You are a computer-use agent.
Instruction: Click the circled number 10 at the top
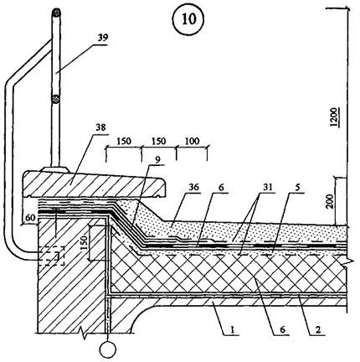coord(188,19)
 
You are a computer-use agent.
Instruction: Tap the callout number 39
coord(102,38)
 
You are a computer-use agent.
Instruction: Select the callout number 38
coord(100,127)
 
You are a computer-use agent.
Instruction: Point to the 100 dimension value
coord(193,141)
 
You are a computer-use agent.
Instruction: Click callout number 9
coord(158,160)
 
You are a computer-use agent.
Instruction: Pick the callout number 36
coord(193,187)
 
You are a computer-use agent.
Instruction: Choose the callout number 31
coord(267,187)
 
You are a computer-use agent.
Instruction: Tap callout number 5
coord(297,188)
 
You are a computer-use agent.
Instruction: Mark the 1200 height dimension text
coord(335,117)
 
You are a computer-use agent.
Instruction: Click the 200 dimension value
coord(331,201)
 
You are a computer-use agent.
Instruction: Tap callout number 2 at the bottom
coord(318,329)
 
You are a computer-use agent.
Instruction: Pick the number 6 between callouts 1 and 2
coord(282,329)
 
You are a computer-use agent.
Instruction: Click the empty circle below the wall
coord(108,349)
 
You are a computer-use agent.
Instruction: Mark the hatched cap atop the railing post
coord(56,13)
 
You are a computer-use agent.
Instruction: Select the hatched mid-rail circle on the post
coord(56,99)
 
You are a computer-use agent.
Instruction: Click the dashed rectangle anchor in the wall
coord(52,256)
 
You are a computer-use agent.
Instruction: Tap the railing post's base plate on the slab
coord(55,169)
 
